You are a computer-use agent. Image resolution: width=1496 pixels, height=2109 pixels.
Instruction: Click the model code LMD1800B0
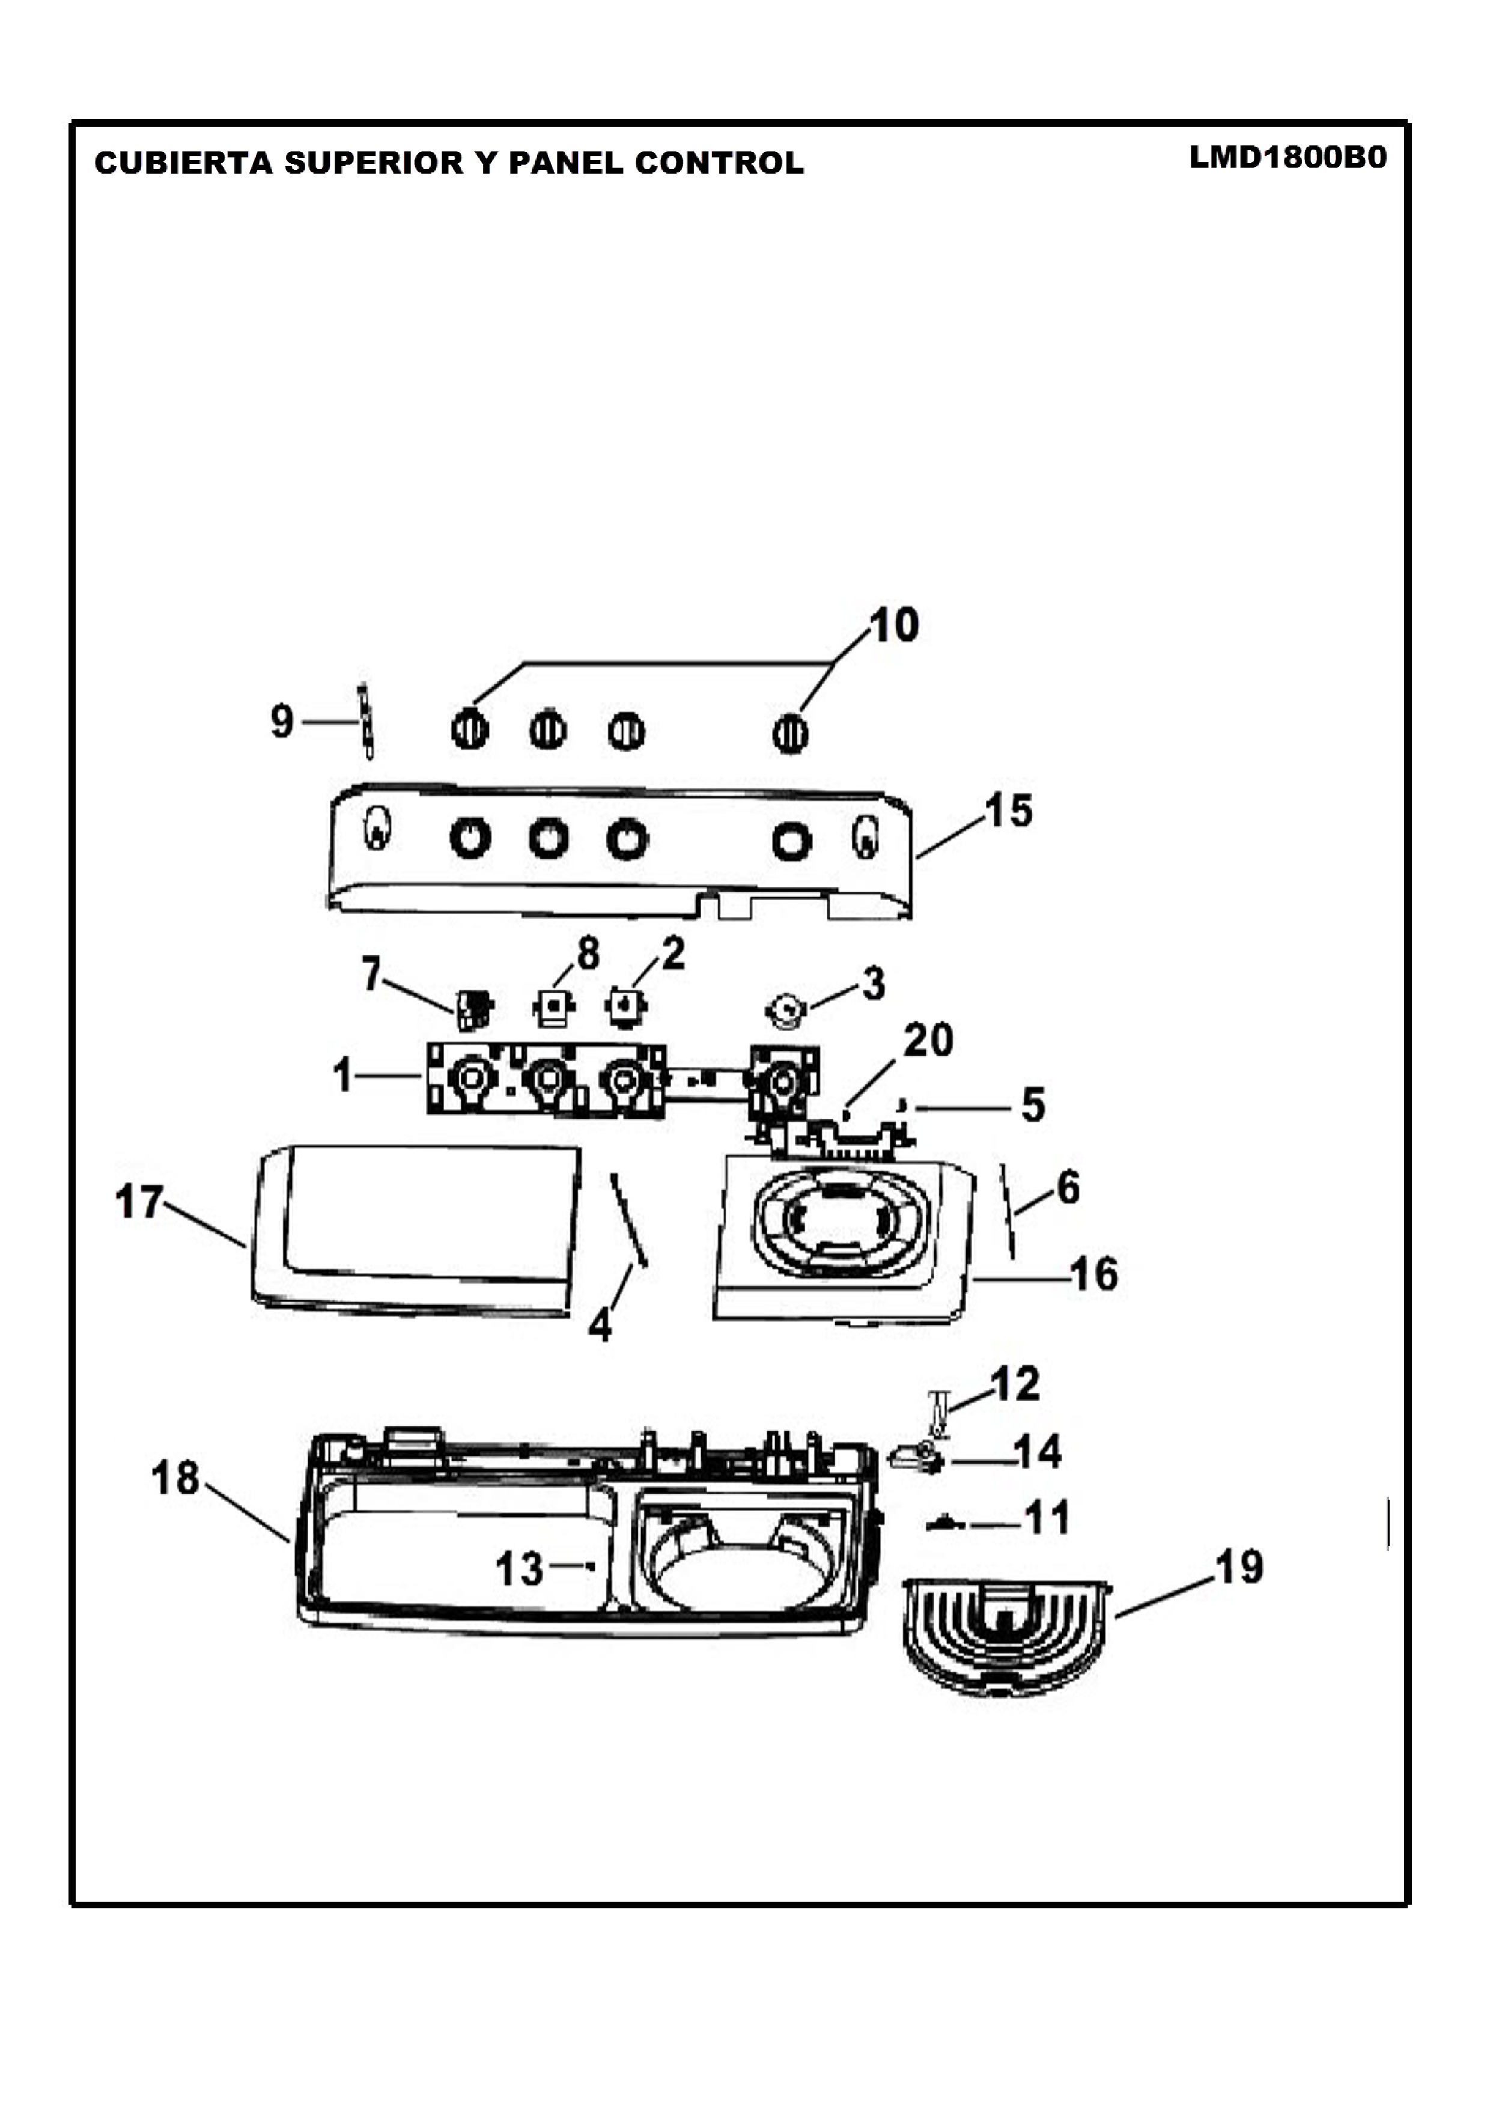coord(1287,157)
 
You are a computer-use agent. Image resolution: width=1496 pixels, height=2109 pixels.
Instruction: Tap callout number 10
coord(893,625)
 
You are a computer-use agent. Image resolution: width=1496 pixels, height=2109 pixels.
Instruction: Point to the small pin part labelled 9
coord(366,722)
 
